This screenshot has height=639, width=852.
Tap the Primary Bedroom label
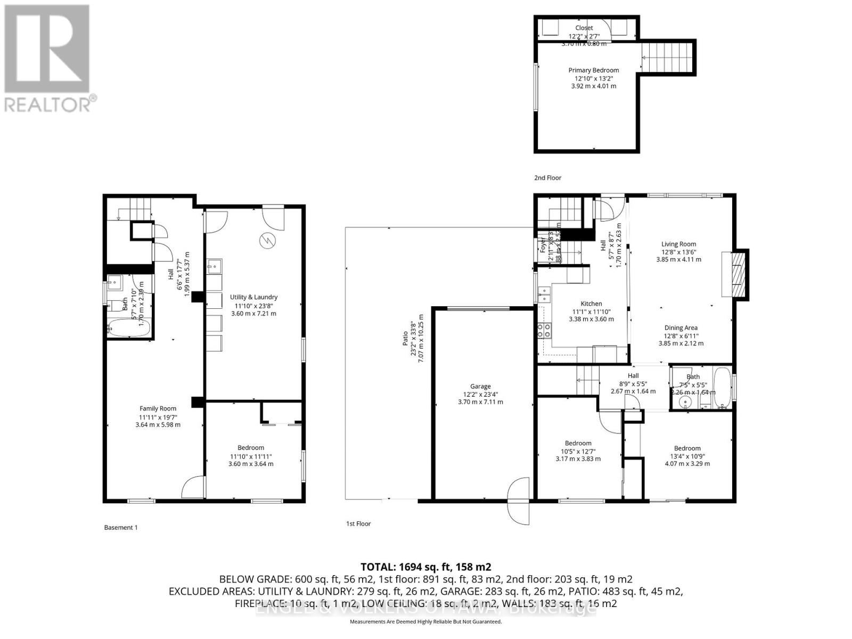click(593, 70)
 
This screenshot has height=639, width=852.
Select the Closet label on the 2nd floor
click(584, 28)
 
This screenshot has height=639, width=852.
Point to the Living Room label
click(678, 244)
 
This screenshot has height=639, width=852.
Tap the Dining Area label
click(681, 328)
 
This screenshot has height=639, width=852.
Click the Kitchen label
click(591, 304)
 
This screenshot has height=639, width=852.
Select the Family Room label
click(158, 408)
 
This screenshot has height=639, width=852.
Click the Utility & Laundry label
click(253, 297)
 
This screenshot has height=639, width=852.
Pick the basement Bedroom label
click(251, 448)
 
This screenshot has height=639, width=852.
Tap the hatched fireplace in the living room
click(737, 274)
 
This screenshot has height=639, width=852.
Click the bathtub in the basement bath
click(128, 328)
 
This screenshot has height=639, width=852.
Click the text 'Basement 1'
click(121, 528)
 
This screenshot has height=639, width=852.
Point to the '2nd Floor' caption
click(547, 178)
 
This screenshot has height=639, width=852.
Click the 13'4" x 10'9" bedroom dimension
click(687, 456)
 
